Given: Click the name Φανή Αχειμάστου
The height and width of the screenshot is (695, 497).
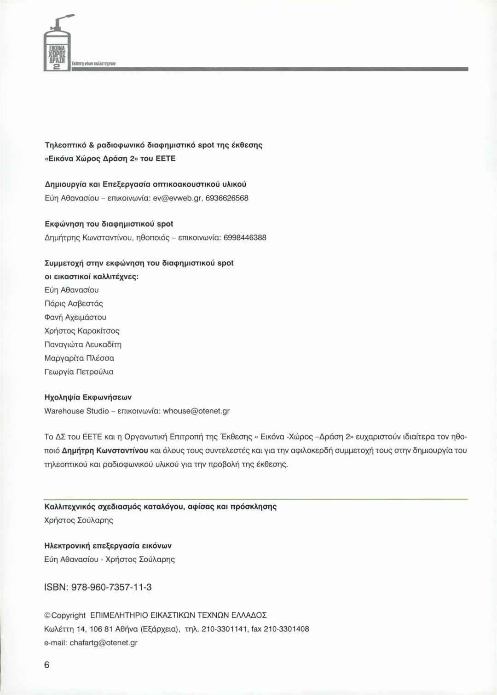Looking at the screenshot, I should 75,317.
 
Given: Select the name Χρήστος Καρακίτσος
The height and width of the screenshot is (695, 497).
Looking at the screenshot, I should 81,331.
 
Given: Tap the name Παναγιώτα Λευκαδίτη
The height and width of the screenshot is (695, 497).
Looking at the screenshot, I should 83,344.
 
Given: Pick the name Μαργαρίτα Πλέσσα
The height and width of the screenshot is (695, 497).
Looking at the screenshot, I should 79,358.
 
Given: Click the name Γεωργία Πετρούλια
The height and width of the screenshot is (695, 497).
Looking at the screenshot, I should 79,371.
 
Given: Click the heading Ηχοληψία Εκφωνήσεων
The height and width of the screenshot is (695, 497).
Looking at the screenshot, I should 88,397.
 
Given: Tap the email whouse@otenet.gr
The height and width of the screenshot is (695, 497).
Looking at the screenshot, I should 196,411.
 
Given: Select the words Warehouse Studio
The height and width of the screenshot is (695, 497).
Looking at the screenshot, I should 76,411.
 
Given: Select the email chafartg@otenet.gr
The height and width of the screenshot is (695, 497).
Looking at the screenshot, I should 104,642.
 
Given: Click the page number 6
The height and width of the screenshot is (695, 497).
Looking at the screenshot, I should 47,665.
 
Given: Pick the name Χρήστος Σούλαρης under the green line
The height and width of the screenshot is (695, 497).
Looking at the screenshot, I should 78,520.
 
